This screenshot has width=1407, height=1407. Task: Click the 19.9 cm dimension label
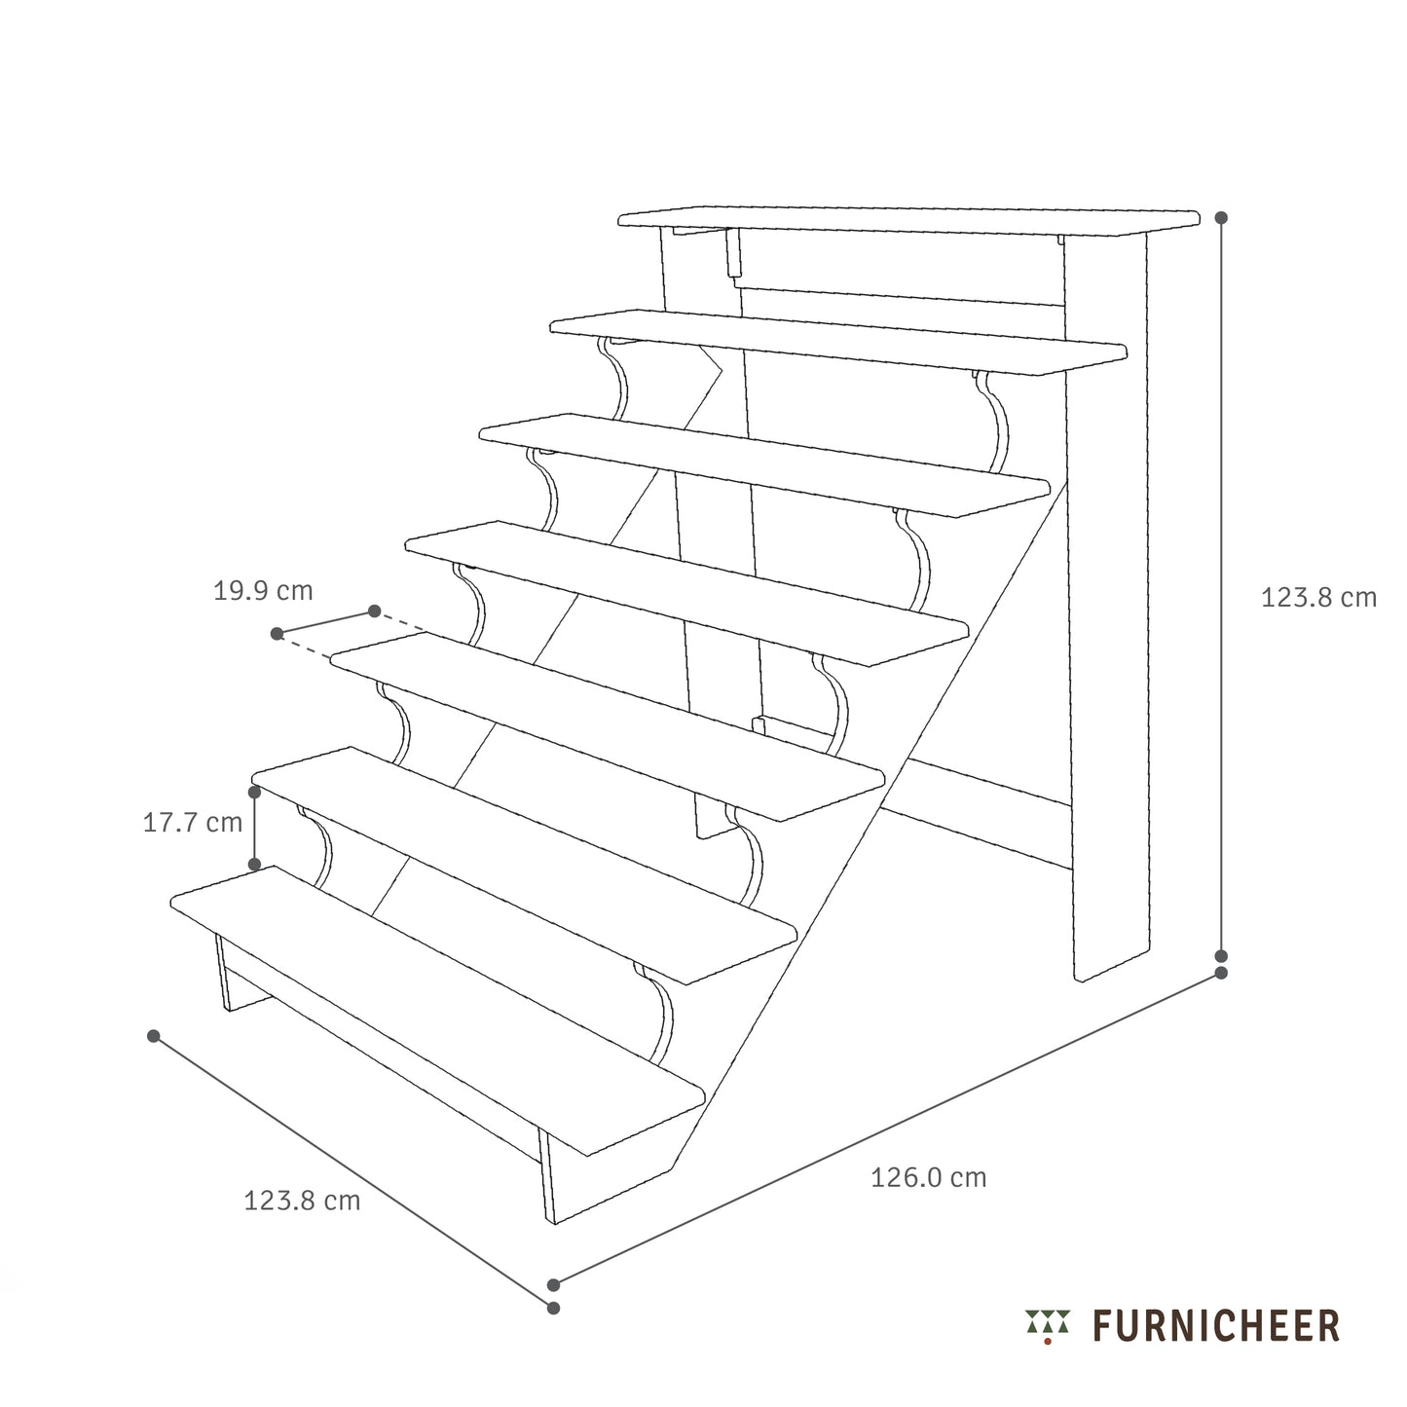tap(263, 591)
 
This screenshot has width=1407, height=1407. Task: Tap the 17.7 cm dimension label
tap(193, 823)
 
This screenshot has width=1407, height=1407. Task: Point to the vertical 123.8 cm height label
tap(1318, 598)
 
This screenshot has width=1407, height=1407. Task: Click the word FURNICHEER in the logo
tap(1216, 1326)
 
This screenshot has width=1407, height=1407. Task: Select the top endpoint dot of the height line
tap(1221, 217)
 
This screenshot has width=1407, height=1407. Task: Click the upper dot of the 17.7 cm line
tap(255, 793)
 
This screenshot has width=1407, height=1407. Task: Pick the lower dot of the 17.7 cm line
tap(255, 865)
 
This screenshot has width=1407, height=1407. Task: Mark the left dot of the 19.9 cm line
tap(277, 634)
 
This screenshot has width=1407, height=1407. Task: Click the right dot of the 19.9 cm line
tap(375, 611)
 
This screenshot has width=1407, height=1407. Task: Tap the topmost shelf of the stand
tap(909, 220)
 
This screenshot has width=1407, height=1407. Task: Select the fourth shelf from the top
tap(686, 592)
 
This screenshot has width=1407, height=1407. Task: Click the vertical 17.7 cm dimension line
tap(255, 828)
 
